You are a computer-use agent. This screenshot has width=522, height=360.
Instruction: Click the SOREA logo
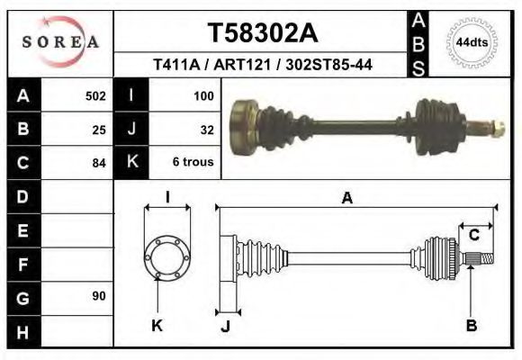(x=60, y=42)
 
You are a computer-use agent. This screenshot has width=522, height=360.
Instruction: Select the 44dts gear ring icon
(x=471, y=42)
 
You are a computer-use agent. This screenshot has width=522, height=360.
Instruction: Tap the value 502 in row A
(x=95, y=95)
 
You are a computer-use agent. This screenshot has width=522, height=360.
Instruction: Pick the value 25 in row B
(x=99, y=130)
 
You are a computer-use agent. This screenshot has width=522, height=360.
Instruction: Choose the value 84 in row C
(x=99, y=163)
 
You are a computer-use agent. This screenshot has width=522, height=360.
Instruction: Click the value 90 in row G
(x=98, y=296)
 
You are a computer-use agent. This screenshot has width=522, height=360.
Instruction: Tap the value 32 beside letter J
(x=206, y=130)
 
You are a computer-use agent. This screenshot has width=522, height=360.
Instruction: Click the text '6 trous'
(x=193, y=163)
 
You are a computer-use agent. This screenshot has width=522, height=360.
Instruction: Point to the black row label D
(x=22, y=196)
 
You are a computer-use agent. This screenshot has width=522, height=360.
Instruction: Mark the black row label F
(x=22, y=264)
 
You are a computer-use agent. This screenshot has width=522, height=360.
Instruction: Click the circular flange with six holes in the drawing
(x=167, y=256)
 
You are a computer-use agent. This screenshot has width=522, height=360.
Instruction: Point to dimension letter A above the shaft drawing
(x=346, y=200)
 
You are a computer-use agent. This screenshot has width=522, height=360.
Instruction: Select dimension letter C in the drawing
(x=473, y=235)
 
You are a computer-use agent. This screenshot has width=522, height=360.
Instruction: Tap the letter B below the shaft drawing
(x=471, y=326)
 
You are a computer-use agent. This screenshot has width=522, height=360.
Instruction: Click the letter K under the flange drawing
(x=157, y=326)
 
